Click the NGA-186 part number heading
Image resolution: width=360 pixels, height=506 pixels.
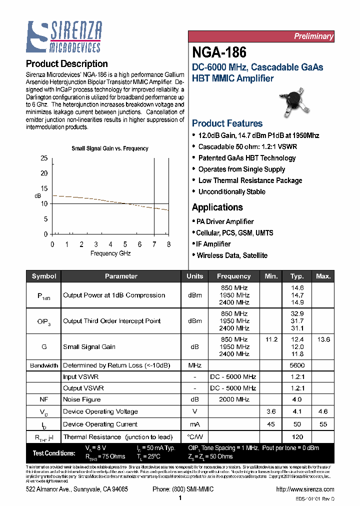219,52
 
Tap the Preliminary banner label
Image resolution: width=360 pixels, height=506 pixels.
313,36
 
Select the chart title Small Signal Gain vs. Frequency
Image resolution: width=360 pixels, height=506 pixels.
109,148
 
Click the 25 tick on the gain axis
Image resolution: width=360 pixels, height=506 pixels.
44,158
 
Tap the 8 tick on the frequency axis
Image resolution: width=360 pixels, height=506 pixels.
168,244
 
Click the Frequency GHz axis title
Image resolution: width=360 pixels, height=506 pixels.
110,253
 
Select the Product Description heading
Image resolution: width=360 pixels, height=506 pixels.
66,64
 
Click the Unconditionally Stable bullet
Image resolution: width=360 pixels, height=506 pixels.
231,192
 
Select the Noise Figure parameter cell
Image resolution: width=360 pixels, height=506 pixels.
82,399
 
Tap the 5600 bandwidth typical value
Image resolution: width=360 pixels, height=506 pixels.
297,365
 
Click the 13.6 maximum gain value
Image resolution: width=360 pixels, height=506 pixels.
323,339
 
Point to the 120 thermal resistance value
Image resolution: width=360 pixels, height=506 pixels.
297,437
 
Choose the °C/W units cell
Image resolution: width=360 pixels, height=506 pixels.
195,437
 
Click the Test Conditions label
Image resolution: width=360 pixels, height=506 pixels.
54,453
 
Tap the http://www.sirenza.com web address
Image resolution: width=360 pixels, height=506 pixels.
305,489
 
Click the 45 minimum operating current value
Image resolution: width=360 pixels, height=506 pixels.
271,424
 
